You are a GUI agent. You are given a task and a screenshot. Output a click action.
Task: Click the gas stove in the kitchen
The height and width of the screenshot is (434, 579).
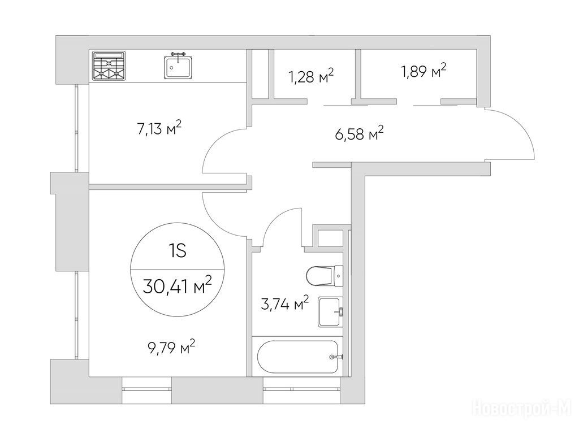[x=109, y=66]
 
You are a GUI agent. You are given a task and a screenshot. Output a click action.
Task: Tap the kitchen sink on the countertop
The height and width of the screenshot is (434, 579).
[x=178, y=66]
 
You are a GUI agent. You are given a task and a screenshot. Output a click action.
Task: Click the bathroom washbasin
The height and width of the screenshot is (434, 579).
[x=331, y=312]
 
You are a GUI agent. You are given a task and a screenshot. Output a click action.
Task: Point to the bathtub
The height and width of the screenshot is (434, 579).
[x=299, y=357]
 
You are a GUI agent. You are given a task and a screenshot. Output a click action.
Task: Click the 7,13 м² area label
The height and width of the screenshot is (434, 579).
[x=159, y=129]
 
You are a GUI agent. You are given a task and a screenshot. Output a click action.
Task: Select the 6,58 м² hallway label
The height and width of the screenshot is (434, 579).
[x=359, y=133]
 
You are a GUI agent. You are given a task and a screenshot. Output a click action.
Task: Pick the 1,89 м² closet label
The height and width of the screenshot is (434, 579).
[x=424, y=71]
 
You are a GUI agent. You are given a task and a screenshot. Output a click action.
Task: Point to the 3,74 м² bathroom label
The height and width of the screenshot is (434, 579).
[x=285, y=304]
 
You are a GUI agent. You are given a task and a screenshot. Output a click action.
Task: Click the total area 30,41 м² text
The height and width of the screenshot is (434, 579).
[x=177, y=286]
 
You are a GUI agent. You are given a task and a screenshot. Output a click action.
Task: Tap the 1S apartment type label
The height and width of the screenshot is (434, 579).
[x=177, y=251]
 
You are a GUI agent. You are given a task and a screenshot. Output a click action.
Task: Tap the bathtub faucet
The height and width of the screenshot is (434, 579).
[x=336, y=357]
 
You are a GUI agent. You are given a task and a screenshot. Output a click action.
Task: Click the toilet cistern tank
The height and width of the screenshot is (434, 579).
[x=339, y=276]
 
